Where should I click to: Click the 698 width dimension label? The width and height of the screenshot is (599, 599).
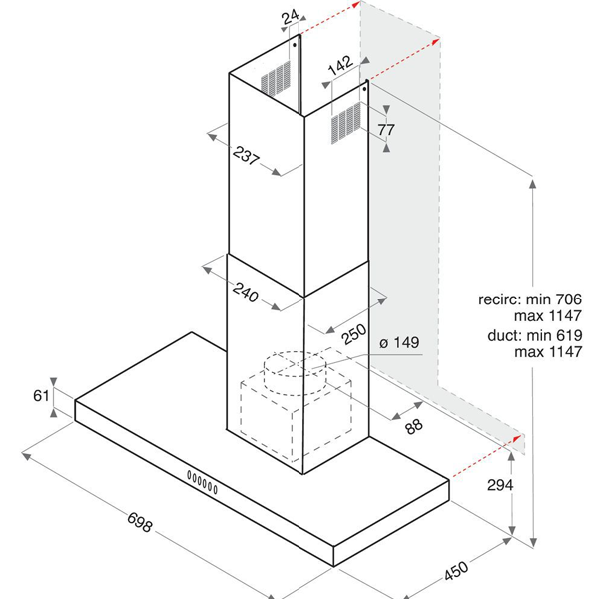(x=140, y=522)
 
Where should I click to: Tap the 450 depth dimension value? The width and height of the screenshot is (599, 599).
(x=456, y=570)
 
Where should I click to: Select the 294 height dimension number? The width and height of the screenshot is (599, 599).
(x=500, y=485)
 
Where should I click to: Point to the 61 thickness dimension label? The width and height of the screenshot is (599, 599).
(x=41, y=395)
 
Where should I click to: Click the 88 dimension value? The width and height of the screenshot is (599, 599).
(x=414, y=426)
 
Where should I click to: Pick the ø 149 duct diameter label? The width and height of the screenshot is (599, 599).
(x=399, y=343)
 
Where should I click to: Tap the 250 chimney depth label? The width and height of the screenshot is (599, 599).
(x=353, y=334)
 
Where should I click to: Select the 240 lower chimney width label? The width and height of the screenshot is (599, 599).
(x=246, y=293)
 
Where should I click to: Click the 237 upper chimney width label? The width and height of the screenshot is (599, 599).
(x=246, y=155)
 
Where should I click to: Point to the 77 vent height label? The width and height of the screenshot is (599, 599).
(x=386, y=130)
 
